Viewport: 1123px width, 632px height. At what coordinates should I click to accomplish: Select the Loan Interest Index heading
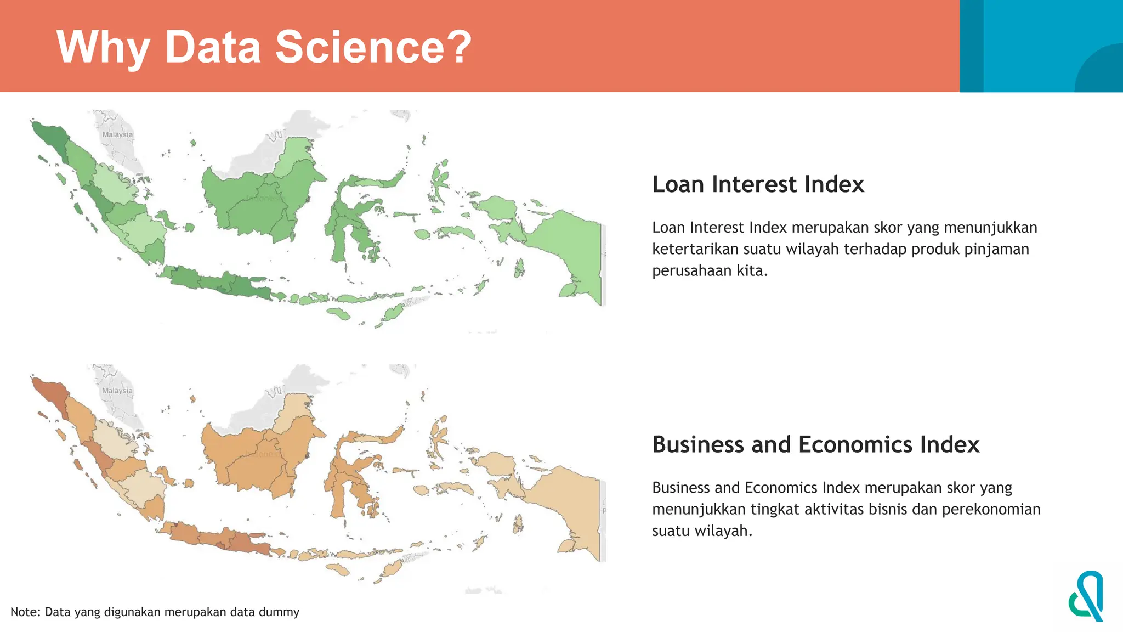point(758,184)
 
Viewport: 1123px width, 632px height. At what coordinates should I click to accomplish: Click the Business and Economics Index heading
point(815,444)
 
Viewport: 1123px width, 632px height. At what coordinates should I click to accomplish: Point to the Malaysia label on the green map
point(117,134)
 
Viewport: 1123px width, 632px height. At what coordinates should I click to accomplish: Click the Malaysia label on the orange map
point(117,391)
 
